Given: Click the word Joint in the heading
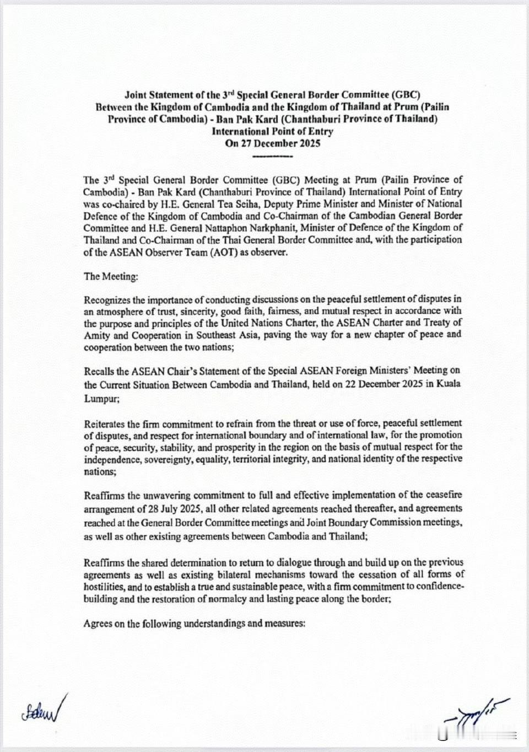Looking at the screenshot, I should pos(136,95).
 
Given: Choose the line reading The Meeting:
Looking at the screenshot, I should pos(111,276).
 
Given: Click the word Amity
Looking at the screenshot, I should pos(96,336).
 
